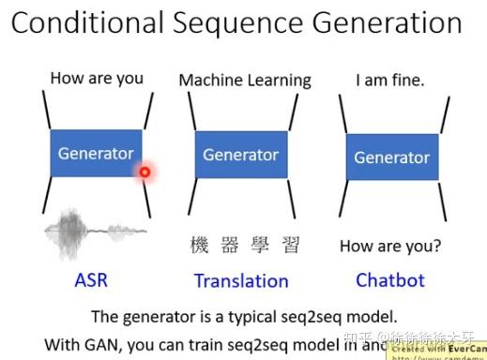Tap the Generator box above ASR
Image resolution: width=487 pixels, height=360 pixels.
point(96,153)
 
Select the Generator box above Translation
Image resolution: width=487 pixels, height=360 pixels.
point(241,155)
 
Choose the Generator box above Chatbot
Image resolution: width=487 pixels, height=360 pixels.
point(391,157)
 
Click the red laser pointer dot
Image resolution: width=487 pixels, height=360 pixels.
point(145,172)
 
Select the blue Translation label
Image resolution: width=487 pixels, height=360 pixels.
point(241,280)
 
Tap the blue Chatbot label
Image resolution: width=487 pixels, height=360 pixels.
point(390,279)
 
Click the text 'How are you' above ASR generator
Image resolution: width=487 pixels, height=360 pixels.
point(97,78)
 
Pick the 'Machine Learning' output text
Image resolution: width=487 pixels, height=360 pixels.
point(245,80)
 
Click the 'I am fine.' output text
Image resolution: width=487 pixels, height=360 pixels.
point(389,80)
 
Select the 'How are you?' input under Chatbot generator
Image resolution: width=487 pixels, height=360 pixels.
point(389,247)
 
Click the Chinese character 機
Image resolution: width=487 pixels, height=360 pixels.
point(200,246)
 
